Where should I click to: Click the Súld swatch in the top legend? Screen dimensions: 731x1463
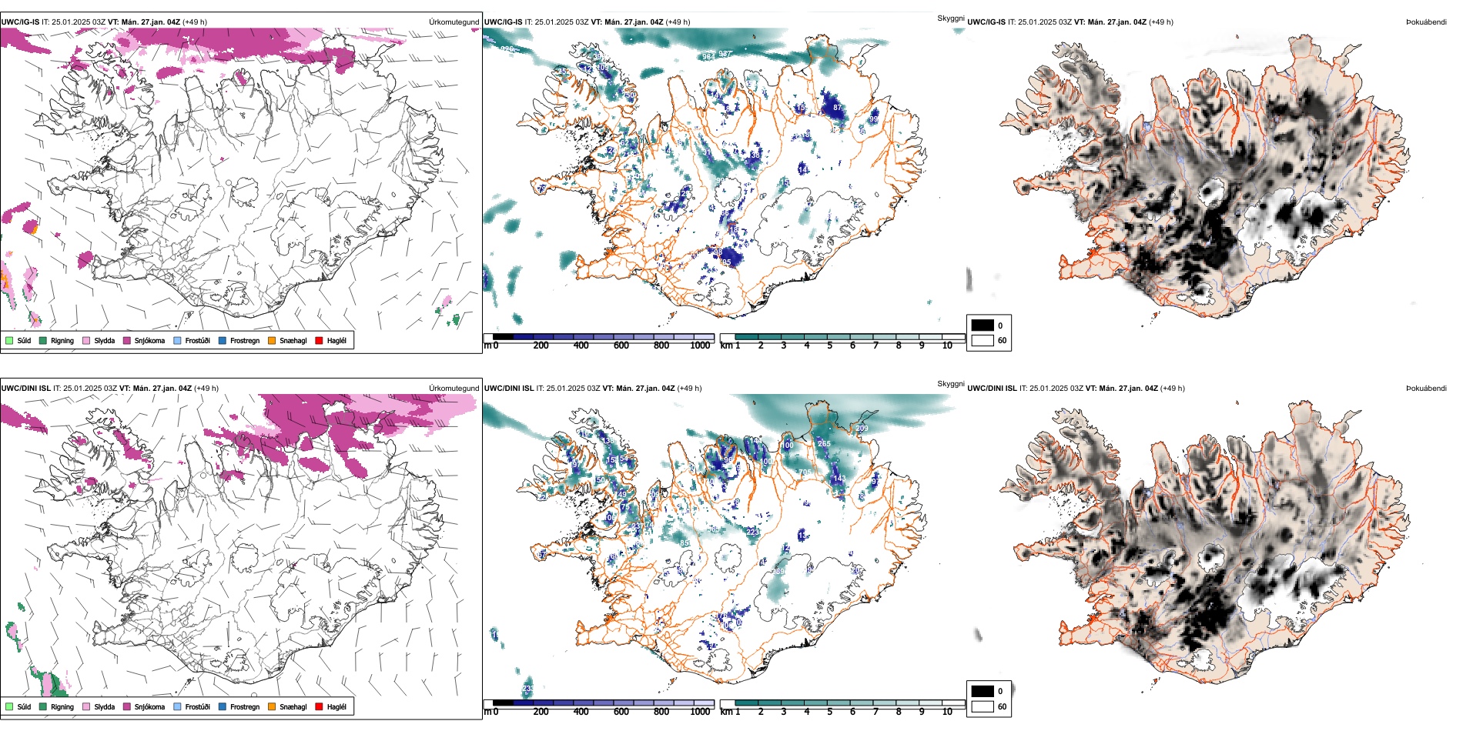click(x=9, y=340)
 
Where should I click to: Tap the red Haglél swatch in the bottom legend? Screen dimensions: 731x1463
click(x=319, y=706)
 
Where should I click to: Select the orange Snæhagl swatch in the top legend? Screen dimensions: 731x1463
click(x=272, y=340)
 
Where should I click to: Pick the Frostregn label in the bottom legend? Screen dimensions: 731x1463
click(x=245, y=706)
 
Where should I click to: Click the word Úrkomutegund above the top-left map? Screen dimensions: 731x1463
click(x=454, y=22)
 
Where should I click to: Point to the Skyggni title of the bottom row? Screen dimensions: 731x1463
click(x=951, y=383)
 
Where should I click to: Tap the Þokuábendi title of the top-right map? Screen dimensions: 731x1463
click(x=1426, y=22)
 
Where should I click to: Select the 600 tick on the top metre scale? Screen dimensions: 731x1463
click(x=621, y=345)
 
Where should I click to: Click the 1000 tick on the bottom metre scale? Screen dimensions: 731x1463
click(x=700, y=712)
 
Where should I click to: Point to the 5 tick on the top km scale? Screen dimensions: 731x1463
click(x=830, y=345)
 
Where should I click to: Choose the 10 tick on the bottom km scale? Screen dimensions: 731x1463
click(x=947, y=712)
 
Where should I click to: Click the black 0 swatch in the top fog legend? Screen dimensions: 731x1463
click(x=983, y=325)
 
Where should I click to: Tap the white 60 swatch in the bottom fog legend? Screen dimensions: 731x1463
click(x=983, y=706)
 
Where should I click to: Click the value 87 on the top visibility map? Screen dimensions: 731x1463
click(x=838, y=108)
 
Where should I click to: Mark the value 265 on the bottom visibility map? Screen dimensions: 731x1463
click(x=824, y=443)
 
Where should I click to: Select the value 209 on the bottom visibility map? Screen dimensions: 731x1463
click(x=862, y=429)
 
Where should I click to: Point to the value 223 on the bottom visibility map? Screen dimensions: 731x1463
click(x=752, y=532)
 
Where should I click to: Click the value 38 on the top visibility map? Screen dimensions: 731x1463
click(x=755, y=155)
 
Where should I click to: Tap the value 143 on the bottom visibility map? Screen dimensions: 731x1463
click(x=839, y=479)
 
